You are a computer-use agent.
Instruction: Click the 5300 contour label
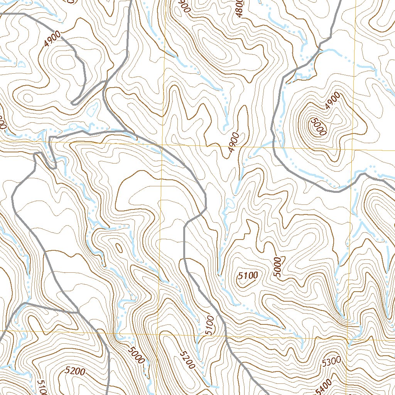click(331, 361)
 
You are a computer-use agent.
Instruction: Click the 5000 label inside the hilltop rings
click(318, 126)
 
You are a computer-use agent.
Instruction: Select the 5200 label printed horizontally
click(75, 371)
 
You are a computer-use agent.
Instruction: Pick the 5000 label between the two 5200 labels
click(135, 354)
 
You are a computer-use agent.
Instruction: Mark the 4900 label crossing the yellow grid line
click(234, 142)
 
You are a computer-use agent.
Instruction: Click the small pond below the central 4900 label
click(231, 202)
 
